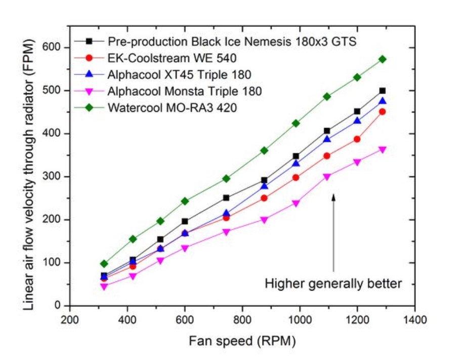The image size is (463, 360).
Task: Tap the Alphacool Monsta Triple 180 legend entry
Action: click(185, 92)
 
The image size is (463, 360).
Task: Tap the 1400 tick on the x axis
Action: click(415, 320)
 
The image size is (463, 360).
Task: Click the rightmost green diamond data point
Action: click(383, 59)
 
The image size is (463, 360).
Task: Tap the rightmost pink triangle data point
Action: click(383, 150)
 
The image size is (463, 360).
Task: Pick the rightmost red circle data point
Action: click(383, 111)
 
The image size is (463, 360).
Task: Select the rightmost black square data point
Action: click(383, 91)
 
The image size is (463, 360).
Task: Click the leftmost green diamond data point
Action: click(104, 264)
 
